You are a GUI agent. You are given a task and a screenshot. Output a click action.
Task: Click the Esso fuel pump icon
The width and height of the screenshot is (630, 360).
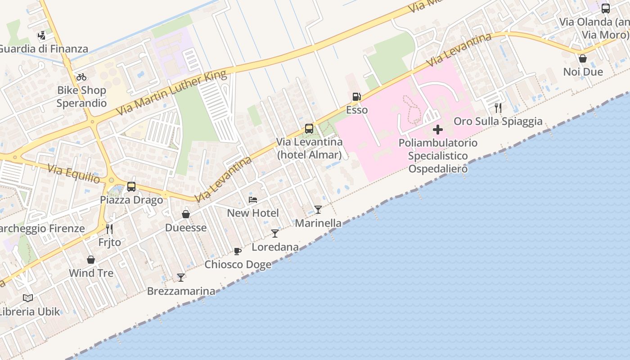[x=356, y=97]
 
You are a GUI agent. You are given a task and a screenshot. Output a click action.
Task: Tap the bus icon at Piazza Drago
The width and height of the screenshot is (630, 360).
[x=131, y=187]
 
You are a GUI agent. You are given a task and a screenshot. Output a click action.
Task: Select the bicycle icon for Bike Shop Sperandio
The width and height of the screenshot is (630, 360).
[x=81, y=77]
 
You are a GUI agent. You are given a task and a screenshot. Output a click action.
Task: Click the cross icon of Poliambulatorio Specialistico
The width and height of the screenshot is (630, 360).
[x=437, y=130]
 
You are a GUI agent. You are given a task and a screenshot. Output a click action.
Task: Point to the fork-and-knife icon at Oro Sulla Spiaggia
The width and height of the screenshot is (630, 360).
[x=498, y=108]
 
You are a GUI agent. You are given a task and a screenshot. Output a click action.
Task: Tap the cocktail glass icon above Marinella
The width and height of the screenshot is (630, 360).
[x=318, y=210]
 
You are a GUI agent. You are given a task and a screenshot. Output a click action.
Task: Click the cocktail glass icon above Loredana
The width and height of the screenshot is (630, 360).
[x=275, y=234]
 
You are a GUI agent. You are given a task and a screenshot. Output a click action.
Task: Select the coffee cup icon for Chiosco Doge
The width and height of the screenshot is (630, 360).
[x=238, y=251]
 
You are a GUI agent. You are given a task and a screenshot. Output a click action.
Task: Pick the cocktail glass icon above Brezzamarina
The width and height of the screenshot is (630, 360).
[x=181, y=278]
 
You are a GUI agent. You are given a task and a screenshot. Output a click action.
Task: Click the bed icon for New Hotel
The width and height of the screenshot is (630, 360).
[x=253, y=200]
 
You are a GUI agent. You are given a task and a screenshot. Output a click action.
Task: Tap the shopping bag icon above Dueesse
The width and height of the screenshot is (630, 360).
[x=186, y=214]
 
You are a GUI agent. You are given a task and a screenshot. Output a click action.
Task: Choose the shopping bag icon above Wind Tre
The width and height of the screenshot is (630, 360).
[x=91, y=260]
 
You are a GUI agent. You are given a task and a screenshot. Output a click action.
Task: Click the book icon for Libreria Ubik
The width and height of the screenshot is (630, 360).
[x=28, y=298]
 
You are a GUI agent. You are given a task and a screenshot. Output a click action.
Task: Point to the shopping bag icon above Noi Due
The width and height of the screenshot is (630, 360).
[x=583, y=58]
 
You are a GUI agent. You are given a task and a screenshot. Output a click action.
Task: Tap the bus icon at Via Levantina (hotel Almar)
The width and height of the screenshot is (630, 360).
[x=309, y=129]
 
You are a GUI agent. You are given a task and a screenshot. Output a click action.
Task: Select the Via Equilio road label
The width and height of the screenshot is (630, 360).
[x=74, y=174]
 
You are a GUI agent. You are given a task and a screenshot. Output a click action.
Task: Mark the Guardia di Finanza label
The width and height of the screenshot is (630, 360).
[x=44, y=49]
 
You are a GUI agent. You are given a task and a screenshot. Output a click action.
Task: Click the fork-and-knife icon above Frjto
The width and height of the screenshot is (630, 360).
[x=109, y=229]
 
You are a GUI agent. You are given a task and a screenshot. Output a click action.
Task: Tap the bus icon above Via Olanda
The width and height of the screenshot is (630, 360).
[x=606, y=8]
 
